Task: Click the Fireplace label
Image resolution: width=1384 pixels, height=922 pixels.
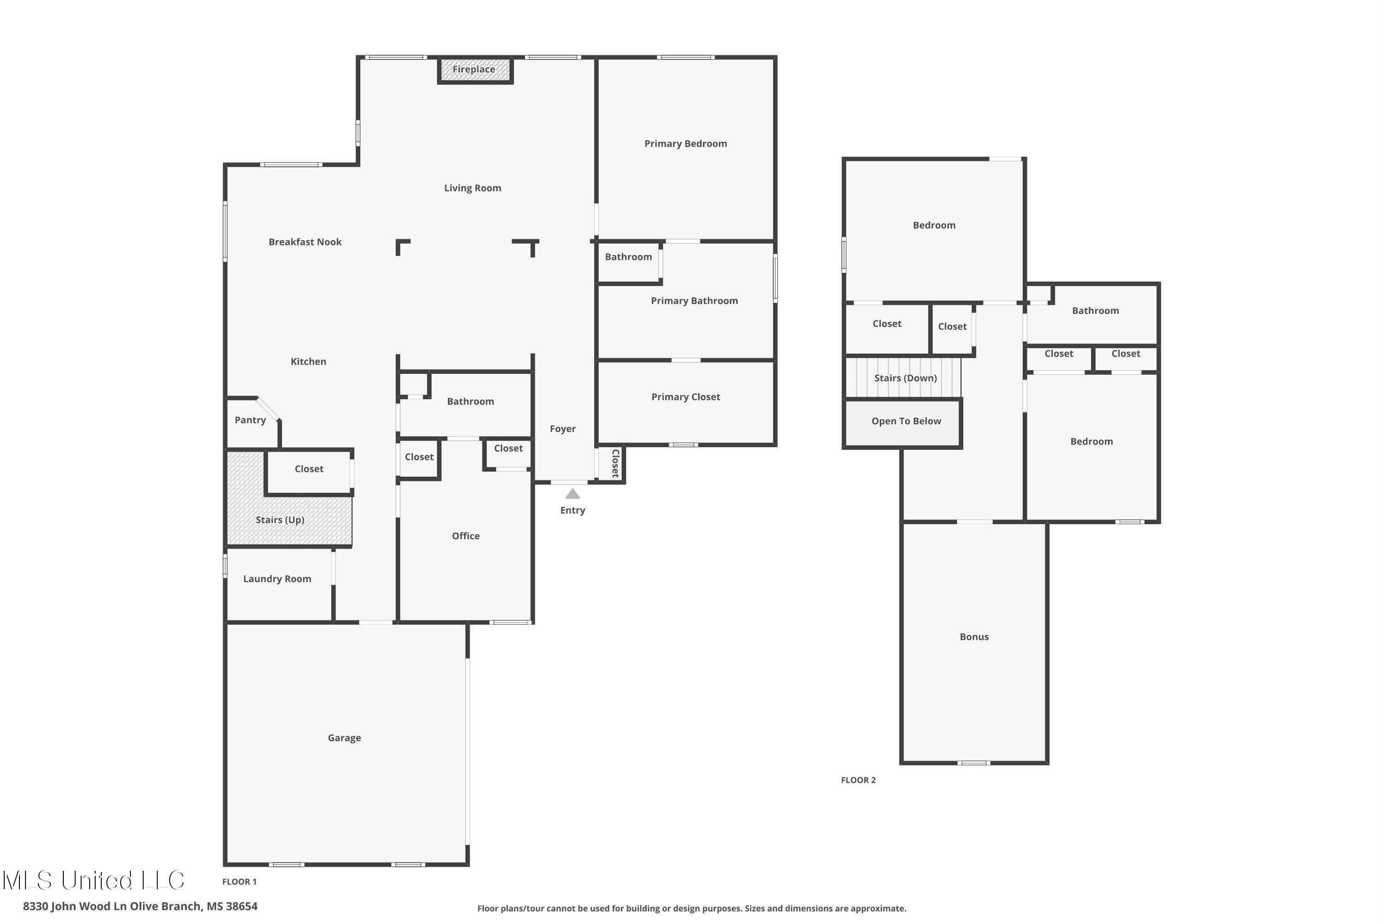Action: point(474,69)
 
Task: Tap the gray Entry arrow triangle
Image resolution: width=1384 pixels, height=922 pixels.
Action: point(573,494)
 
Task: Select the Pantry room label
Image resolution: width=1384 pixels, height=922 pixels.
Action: point(250,420)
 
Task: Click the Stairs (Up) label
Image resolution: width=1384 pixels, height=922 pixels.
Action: point(280,520)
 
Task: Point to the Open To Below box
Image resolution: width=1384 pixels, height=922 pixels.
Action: point(906,421)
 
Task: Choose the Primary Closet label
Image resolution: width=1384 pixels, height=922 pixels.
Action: point(685,397)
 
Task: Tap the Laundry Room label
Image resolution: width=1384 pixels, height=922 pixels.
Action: point(277,579)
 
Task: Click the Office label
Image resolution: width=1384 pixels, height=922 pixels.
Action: point(465,536)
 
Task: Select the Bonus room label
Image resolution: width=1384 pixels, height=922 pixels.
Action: point(974,637)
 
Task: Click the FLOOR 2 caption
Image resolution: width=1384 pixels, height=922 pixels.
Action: point(858,780)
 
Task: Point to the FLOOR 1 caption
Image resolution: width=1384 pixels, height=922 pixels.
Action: point(239,881)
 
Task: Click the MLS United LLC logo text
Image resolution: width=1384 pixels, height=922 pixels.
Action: point(94,880)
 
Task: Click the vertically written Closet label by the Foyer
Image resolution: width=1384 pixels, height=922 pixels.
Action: point(616,464)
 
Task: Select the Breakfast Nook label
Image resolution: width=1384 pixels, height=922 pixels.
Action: point(305,241)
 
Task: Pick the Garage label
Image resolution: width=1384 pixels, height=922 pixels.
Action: point(344,738)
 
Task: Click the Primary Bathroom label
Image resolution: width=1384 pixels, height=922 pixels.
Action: point(695,301)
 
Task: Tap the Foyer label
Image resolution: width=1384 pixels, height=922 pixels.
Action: point(562,428)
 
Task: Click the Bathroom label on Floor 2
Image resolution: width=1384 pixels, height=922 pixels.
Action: point(1095,310)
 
